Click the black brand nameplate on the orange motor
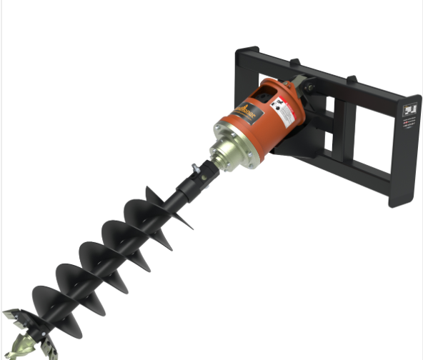(247, 112)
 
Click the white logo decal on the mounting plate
(409, 111)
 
